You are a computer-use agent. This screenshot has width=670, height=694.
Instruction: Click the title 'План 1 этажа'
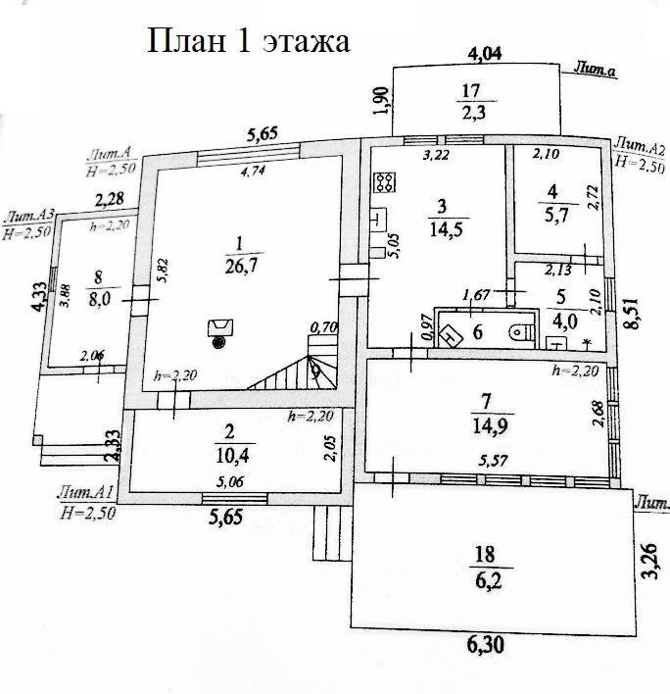(x=248, y=41)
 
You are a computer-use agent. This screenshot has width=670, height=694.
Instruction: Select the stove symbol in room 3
(x=385, y=181)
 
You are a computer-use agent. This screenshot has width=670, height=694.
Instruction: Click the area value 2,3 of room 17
(x=472, y=112)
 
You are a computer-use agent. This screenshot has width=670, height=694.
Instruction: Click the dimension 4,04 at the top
(x=484, y=53)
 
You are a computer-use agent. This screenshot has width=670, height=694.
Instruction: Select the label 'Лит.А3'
(x=27, y=217)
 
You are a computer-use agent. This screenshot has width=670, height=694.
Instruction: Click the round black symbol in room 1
(x=217, y=342)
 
